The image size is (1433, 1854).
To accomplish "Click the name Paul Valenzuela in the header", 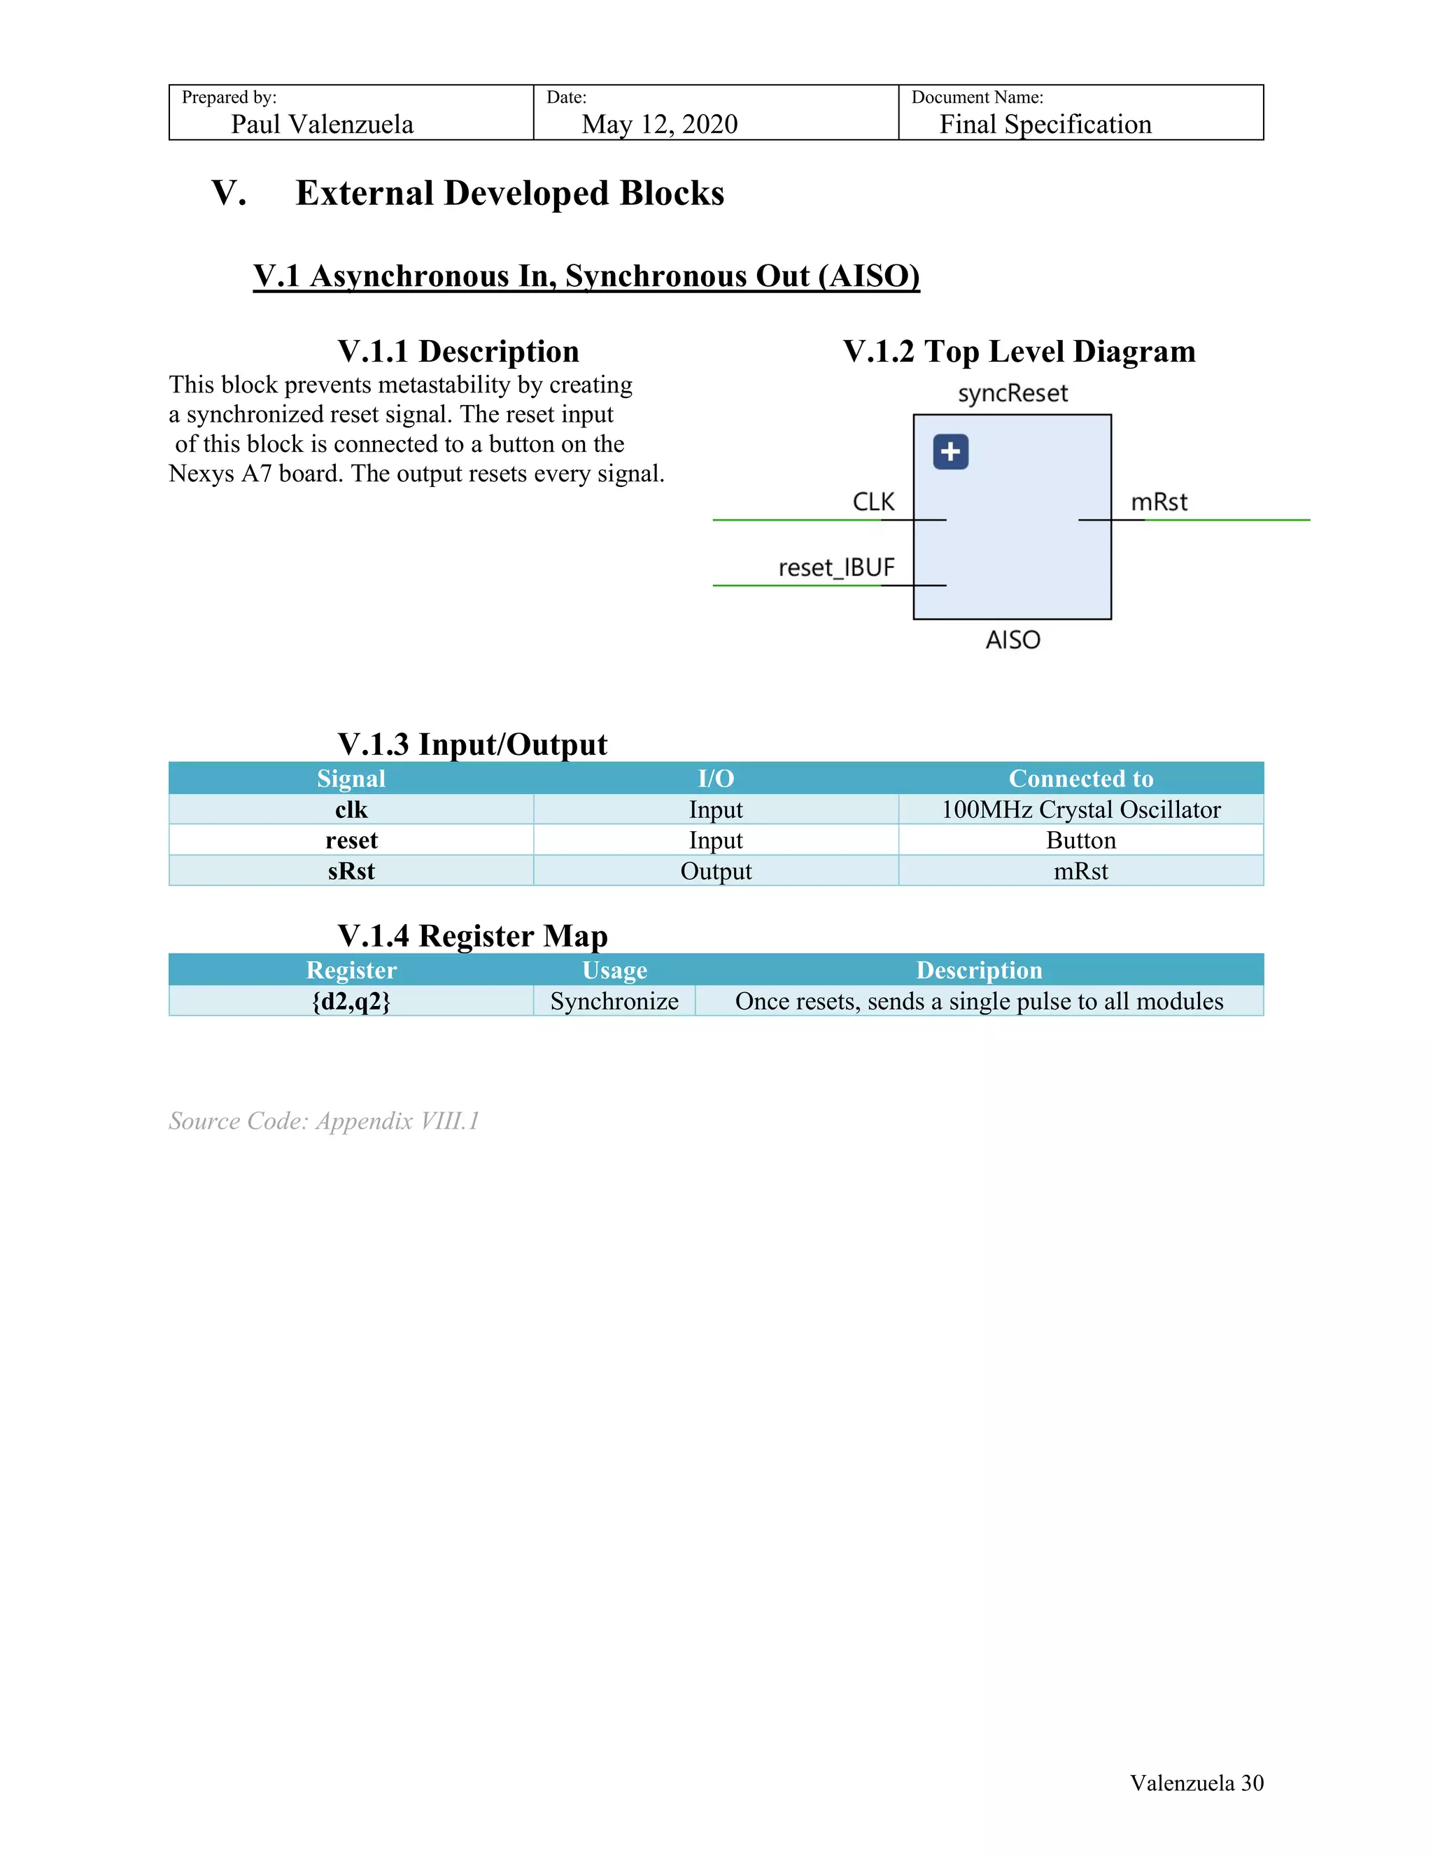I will [322, 125].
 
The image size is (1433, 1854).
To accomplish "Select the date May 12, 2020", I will [660, 125].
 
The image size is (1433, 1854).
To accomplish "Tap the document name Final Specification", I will [1045, 125].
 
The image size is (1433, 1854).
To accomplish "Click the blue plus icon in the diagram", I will [950, 452].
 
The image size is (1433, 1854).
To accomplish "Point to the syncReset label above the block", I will [1012, 394].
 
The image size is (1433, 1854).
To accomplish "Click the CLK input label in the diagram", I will [873, 502].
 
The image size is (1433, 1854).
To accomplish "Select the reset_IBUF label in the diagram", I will [836, 567].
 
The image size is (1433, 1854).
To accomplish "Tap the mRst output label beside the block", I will [1158, 502].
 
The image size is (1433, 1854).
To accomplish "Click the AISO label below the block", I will [1012, 639].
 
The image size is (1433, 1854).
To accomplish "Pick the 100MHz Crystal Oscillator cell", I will [1080, 810].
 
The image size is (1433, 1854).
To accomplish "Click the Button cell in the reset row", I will [1080, 840].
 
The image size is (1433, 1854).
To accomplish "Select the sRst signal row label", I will [351, 871].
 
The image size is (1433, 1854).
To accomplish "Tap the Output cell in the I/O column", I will [716, 871].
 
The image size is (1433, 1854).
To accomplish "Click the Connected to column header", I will [1080, 779].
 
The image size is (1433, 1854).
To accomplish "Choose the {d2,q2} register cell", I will [351, 1002].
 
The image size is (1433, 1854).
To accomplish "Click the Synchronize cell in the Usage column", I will [614, 1002].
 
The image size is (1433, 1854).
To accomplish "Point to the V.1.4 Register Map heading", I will [472, 935].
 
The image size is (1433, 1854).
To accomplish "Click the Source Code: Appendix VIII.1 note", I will [323, 1121].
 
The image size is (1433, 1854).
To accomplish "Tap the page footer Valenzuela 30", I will [1195, 1783].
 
